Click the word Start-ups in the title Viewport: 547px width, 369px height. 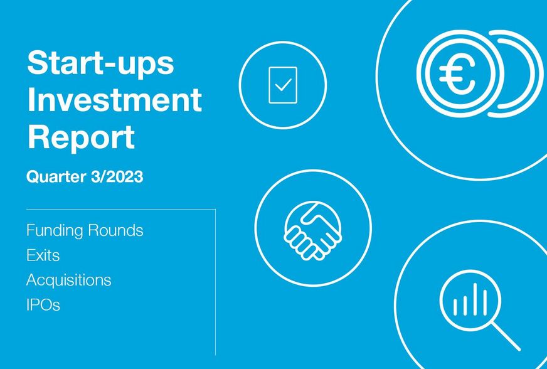tap(100, 63)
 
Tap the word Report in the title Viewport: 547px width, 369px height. tap(81, 137)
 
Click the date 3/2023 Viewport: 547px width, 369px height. tap(117, 176)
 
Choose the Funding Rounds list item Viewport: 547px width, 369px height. tap(85, 230)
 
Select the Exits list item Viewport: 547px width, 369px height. tap(43, 255)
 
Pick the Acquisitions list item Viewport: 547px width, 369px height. tap(69, 281)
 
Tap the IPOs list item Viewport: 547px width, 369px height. tap(43, 305)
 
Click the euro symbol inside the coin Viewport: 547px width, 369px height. tap(456, 73)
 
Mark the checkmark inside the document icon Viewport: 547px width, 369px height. tap(284, 85)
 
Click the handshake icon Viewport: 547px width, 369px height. tap(313, 230)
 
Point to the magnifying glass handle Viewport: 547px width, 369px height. tap(506, 336)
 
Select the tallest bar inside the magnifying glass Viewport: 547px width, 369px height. tap(475, 299)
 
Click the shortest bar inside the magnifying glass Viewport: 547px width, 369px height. tap(455, 307)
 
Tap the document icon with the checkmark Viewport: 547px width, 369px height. tap(283, 85)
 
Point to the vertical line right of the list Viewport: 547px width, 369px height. tap(216, 282)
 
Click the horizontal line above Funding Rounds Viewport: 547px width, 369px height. tap(121, 210)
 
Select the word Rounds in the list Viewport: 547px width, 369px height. tap(115, 230)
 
